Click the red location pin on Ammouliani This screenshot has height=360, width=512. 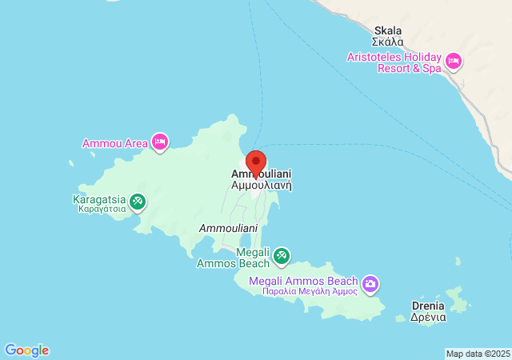click(255, 161)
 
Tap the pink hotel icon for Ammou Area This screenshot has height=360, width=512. click(160, 142)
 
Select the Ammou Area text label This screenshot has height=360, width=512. click(115, 144)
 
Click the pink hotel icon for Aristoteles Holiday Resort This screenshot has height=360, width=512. click(454, 61)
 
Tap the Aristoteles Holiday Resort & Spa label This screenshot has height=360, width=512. click(393, 63)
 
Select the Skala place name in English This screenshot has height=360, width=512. click(388, 30)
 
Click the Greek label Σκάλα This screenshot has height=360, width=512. click(388, 42)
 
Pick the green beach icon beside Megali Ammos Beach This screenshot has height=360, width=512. click(281, 256)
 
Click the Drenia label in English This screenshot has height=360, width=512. click(427, 306)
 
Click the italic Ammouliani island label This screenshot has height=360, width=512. click(226, 229)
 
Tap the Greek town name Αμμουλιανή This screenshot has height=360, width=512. click(261, 185)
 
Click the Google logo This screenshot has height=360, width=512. click(26, 350)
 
